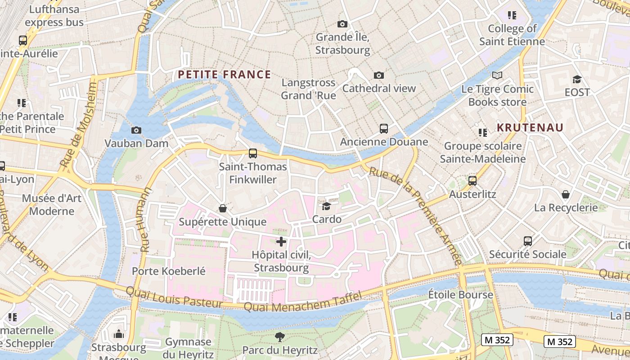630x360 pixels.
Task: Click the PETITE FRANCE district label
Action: coord(225,75)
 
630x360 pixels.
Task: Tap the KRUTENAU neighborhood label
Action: coord(530,127)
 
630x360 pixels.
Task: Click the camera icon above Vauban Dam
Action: coord(136,130)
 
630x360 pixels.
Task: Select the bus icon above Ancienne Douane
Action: coord(383,129)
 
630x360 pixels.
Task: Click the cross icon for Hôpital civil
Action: coord(281,242)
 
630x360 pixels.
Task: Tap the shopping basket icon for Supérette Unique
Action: coord(222,208)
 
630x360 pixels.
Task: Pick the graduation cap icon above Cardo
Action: coord(326,206)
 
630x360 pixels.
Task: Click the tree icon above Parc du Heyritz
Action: coord(279,337)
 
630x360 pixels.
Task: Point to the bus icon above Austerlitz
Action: coord(472,181)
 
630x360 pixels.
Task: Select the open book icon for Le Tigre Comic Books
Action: coord(497,76)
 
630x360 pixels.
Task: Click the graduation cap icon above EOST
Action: coord(577,80)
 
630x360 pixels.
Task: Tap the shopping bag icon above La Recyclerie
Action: coord(566,194)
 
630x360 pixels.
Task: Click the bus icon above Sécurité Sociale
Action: coord(527,241)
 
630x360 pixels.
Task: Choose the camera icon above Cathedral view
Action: coord(379,75)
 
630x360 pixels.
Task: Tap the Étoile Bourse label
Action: coord(460,295)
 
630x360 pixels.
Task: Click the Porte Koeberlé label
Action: coord(168,271)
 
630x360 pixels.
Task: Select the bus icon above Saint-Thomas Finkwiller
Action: coord(253,153)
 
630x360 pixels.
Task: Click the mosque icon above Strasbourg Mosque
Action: coord(119,334)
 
